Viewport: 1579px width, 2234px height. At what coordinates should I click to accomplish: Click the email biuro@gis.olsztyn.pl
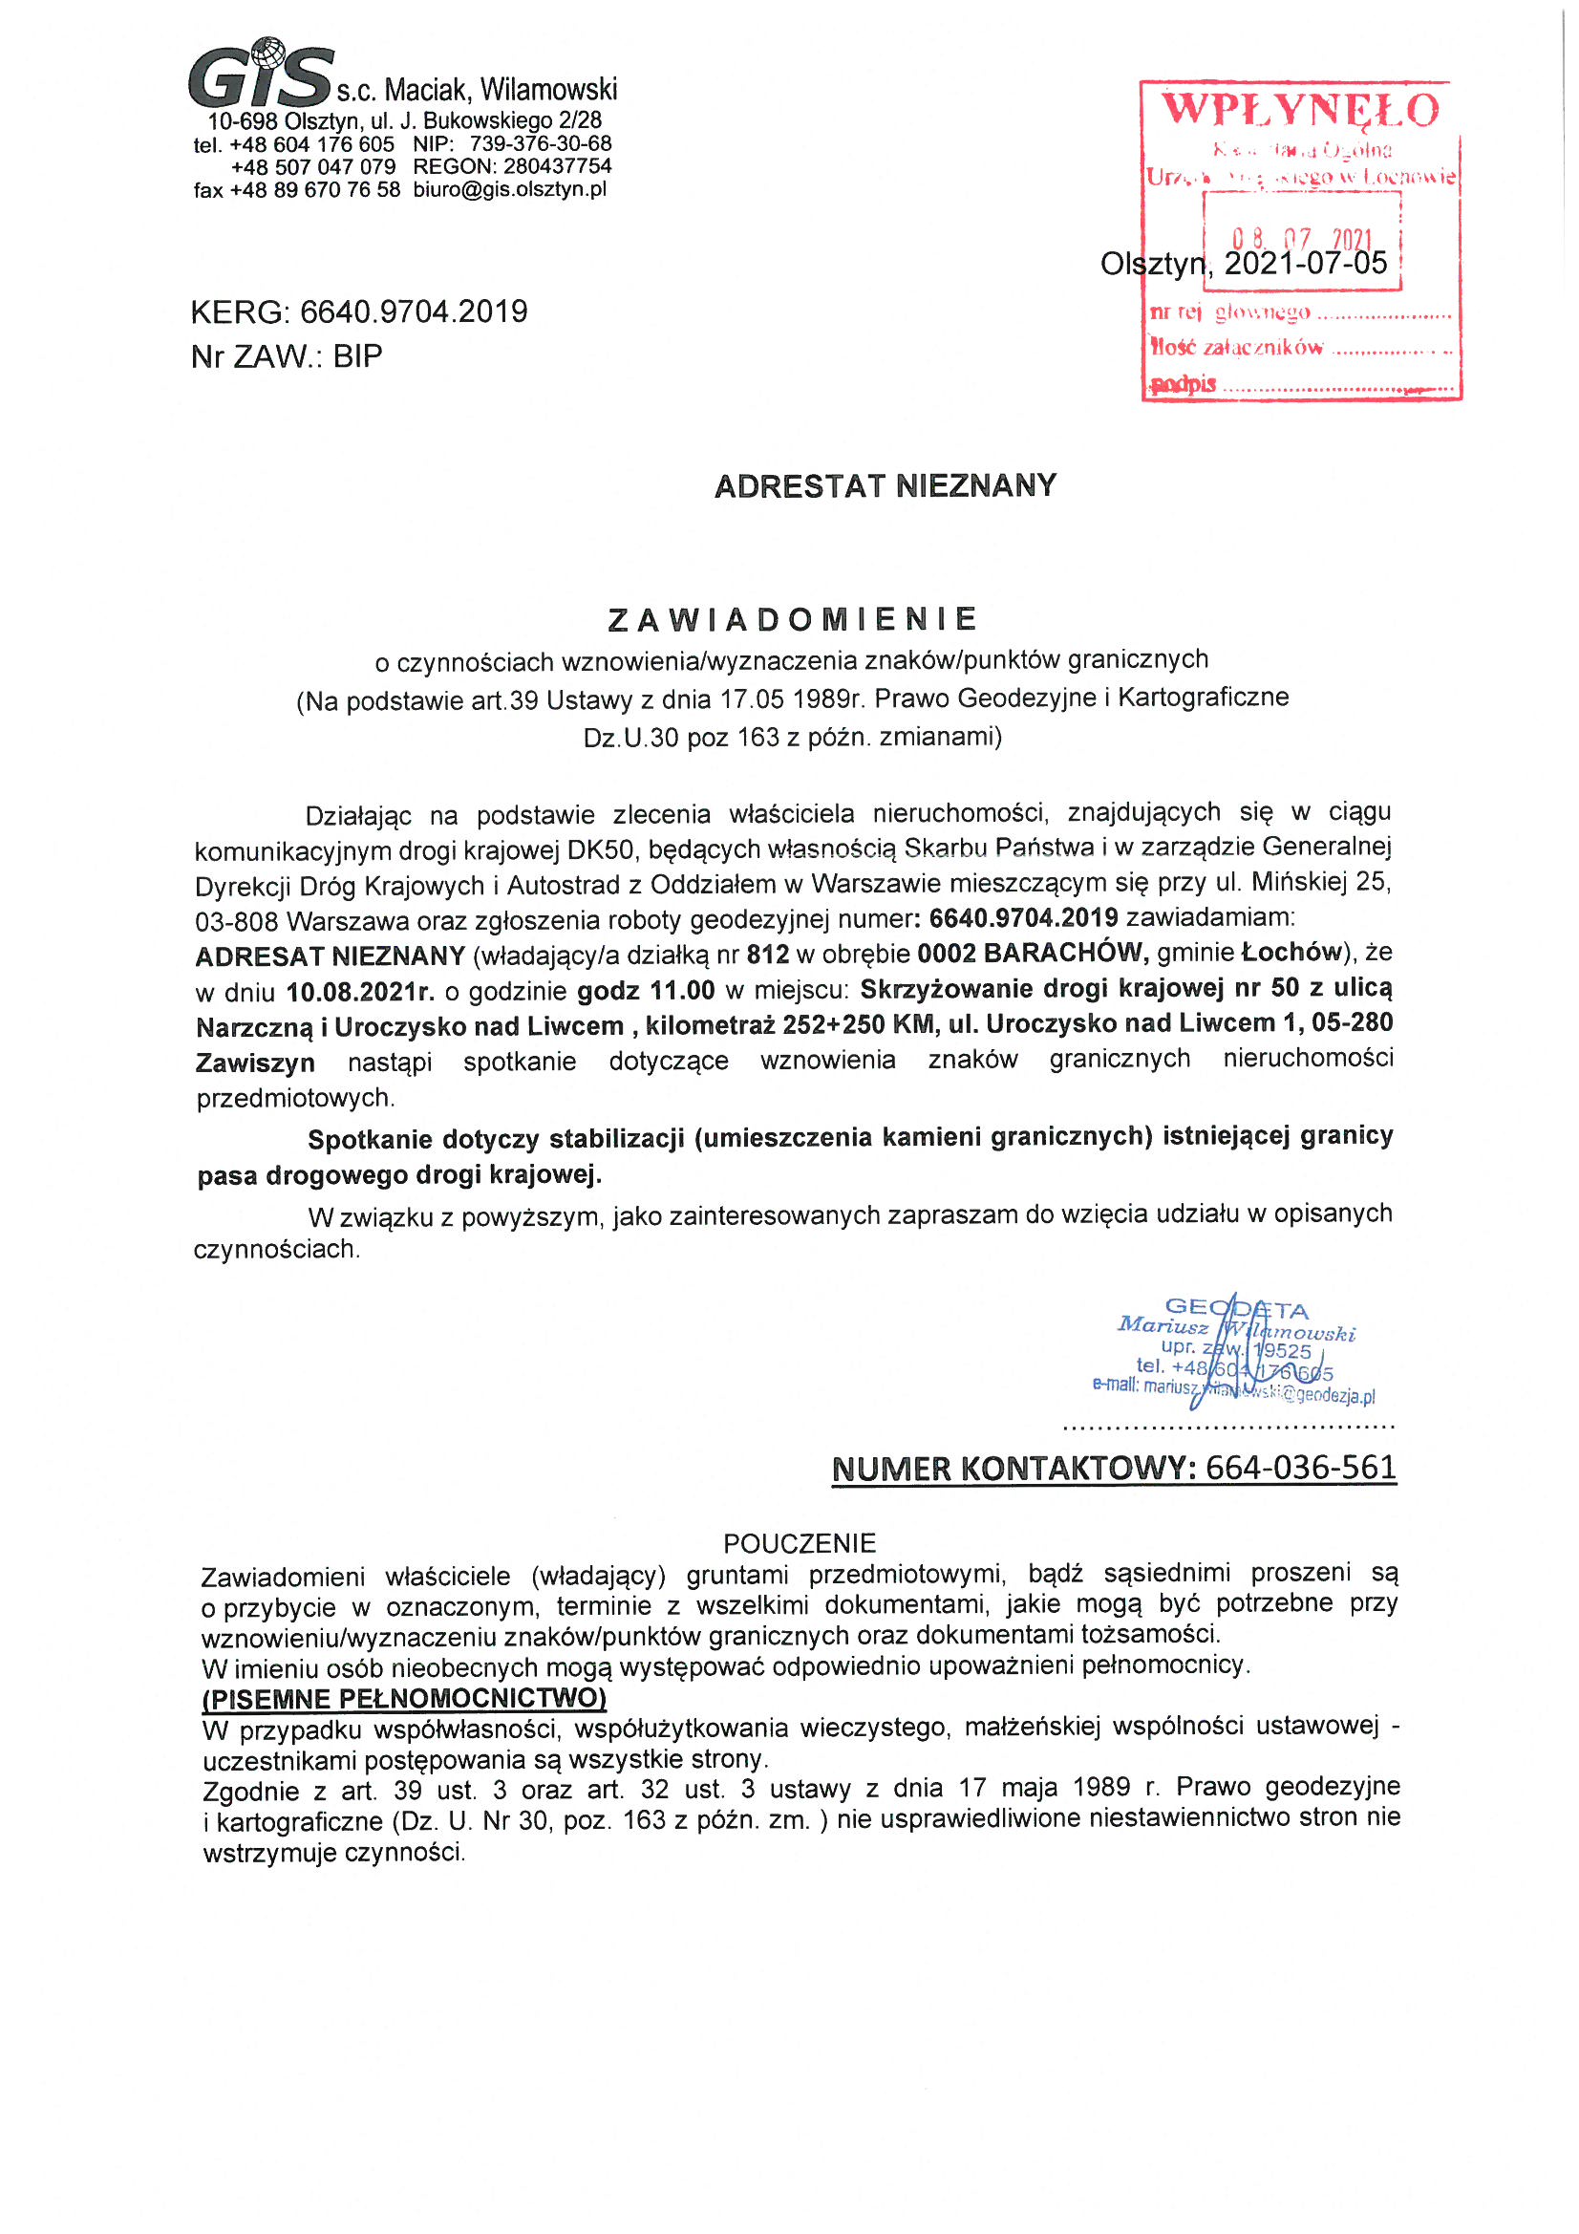510,190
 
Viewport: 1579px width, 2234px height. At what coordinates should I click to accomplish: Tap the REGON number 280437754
558,166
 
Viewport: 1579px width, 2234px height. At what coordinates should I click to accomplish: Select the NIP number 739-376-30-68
541,144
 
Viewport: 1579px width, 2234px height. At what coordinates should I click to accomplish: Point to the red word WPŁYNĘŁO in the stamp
1300,110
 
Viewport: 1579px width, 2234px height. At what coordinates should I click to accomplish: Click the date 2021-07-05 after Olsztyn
1305,264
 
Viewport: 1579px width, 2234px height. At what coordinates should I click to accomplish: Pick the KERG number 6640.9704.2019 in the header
414,312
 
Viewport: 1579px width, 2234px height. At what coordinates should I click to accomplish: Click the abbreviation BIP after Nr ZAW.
357,357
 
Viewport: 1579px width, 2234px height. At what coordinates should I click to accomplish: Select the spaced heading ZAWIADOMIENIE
792,619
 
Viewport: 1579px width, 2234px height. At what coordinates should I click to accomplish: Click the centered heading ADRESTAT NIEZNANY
886,485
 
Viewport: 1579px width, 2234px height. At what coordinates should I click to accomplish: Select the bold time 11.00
682,992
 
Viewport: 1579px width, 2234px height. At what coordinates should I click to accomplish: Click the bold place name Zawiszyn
255,1063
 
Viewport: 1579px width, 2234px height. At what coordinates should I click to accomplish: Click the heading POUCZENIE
800,1543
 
